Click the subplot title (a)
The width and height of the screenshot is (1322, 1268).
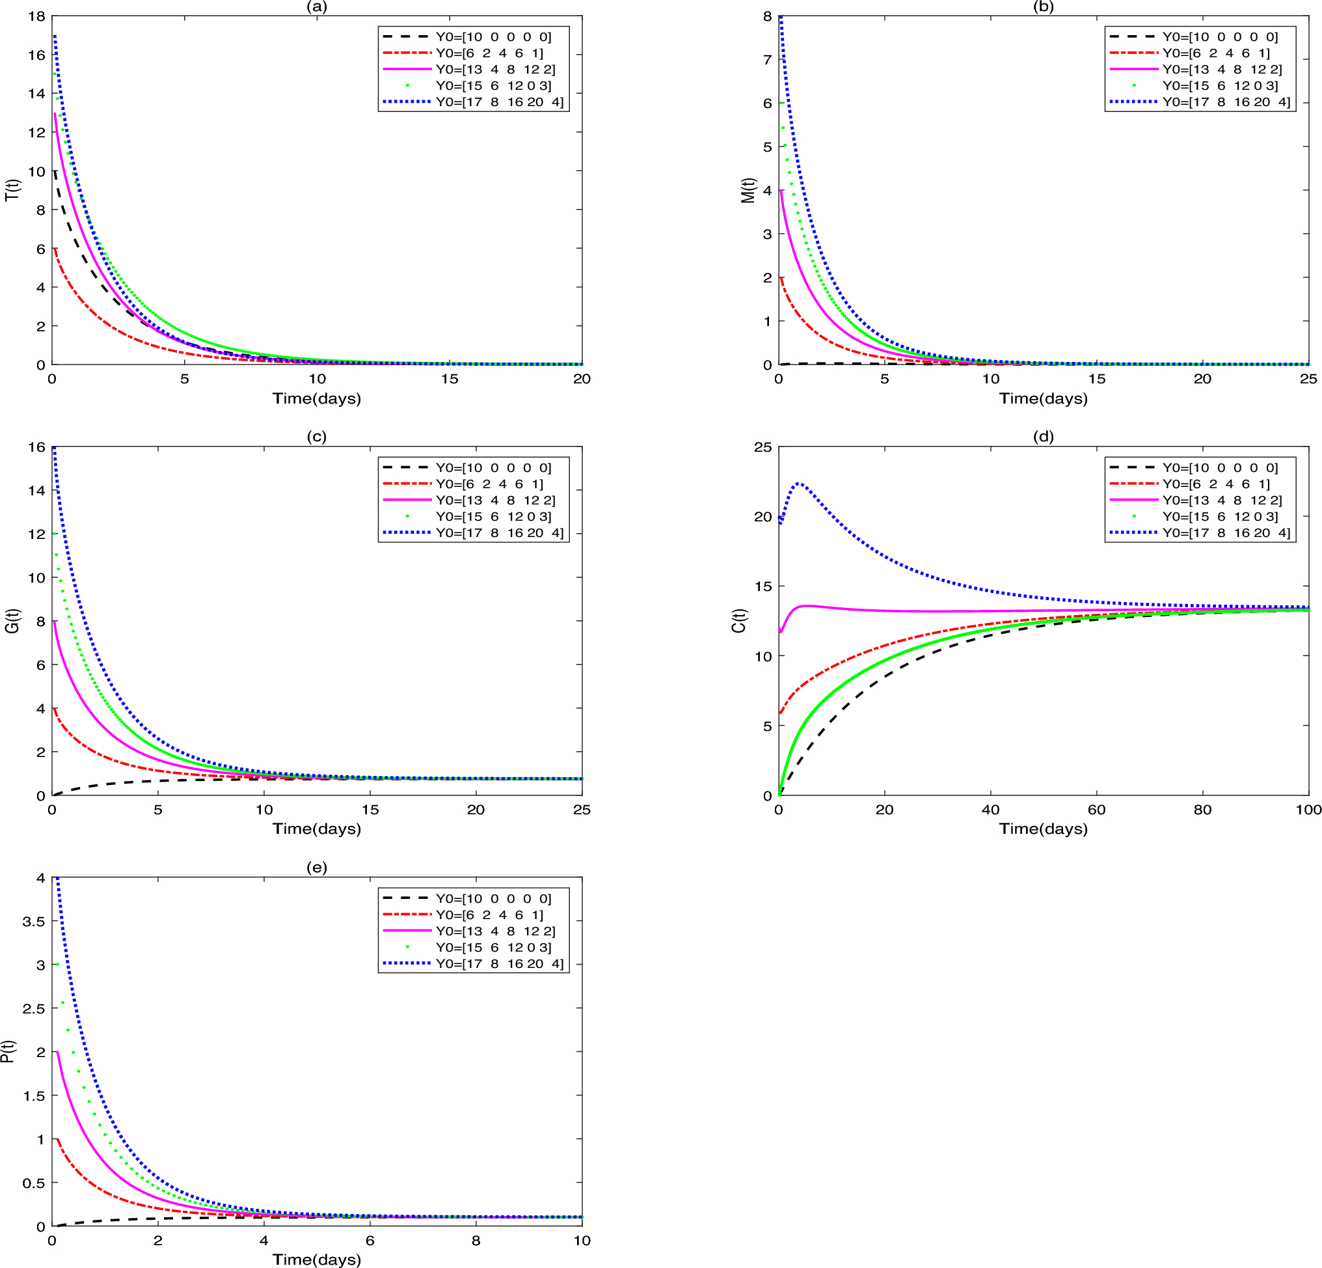point(316,7)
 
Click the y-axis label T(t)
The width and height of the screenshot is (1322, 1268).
point(13,189)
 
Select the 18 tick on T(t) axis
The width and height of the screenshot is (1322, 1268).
point(37,16)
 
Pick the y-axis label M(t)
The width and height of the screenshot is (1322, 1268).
point(748,190)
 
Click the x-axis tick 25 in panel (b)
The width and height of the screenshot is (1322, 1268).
point(1308,379)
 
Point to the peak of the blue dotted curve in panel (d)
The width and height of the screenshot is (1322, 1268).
point(800,483)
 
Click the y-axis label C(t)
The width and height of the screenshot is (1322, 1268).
point(739,620)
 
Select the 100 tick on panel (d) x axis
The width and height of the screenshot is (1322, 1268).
point(1308,810)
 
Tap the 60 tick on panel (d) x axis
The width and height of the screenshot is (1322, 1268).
point(1096,810)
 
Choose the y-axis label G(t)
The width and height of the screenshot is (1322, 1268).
point(13,620)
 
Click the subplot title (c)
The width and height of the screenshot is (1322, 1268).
point(316,437)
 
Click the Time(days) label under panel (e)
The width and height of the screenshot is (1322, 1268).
point(316,1260)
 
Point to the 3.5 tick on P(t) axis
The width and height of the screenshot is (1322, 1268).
point(34,921)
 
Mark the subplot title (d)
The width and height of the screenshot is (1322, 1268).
point(1043,437)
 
